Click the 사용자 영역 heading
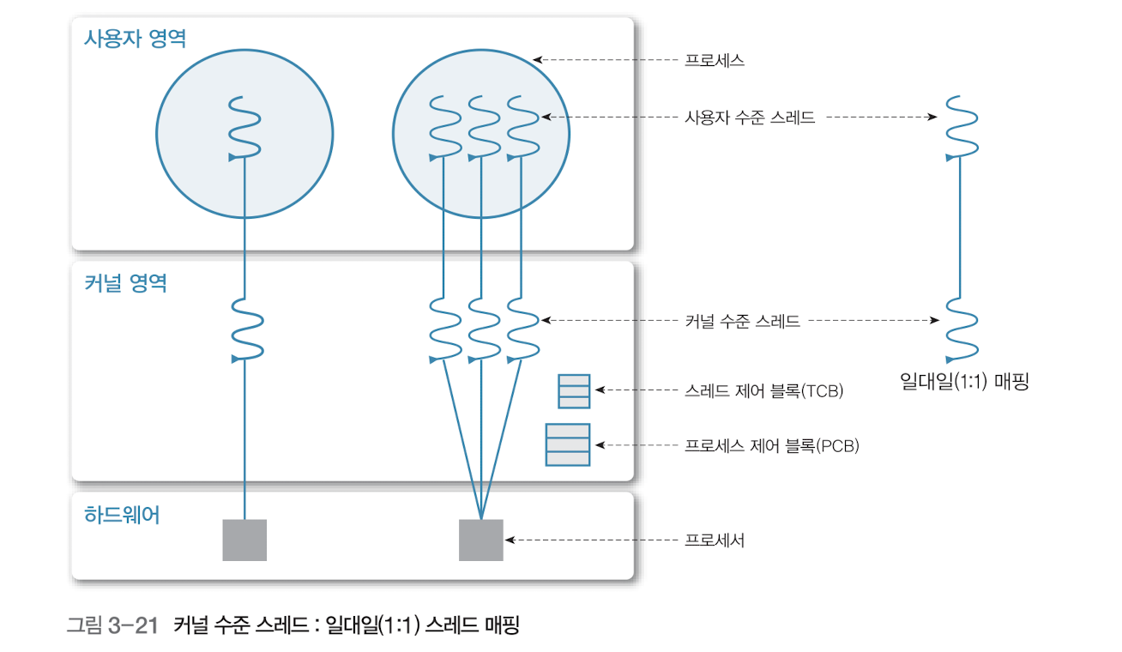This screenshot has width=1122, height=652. pyautogui.click(x=135, y=39)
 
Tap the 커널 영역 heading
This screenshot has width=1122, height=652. pyautogui.click(x=125, y=283)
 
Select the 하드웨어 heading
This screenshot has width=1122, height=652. pyautogui.click(x=122, y=516)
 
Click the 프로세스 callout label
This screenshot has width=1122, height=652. pyautogui.click(x=714, y=61)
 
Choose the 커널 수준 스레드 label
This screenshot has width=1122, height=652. pyautogui.click(x=742, y=322)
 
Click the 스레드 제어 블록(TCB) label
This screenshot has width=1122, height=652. pyautogui.click(x=764, y=391)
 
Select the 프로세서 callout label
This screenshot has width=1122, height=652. pyautogui.click(x=714, y=540)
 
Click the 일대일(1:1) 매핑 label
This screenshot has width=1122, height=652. pyautogui.click(x=964, y=381)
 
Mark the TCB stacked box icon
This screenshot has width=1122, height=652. pyautogui.click(x=574, y=390)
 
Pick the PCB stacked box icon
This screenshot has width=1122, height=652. pyautogui.click(x=568, y=444)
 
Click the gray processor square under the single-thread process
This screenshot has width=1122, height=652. pyautogui.click(x=244, y=540)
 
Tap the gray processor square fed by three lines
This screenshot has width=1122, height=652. pyautogui.click(x=480, y=540)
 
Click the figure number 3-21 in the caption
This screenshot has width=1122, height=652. pyautogui.click(x=136, y=625)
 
